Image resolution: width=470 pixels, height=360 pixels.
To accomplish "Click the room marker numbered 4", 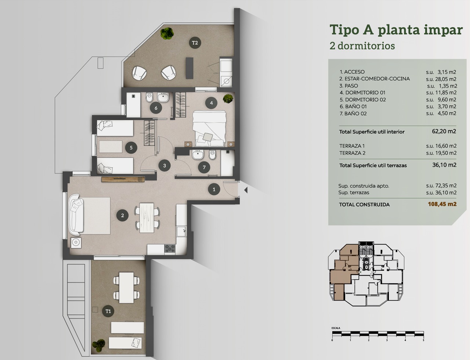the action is [x=211, y=103].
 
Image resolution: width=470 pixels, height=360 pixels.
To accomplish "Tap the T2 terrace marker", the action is [x=195, y=43].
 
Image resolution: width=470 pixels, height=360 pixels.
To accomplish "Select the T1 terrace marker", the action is [x=108, y=311].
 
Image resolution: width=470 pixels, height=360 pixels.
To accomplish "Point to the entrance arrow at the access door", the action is [x=246, y=190].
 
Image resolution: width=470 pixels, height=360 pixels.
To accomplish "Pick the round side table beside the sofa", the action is [x=76, y=242].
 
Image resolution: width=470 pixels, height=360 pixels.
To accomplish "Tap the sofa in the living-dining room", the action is [x=76, y=215].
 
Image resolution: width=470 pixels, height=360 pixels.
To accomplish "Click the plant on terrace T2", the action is [x=167, y=33].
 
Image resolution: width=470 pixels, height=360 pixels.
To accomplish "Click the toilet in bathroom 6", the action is [x=149, y=97].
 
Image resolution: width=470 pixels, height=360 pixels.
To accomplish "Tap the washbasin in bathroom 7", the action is [x=198, y=155].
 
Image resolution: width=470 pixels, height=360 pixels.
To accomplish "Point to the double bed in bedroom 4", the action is [x=209, y=129].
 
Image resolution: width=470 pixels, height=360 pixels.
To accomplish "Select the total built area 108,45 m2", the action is [x=442, y=204].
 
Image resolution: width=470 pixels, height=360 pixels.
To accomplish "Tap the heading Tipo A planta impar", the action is [x=396, y=30].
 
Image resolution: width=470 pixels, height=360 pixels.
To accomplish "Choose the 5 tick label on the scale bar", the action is [x=423, y=340].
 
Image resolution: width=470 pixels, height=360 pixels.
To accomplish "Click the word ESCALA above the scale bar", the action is [x=336, y=328].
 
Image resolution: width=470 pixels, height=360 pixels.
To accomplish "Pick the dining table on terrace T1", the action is [x=126, y=288].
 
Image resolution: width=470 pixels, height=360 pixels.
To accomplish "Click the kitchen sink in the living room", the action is [x=181, y=231].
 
